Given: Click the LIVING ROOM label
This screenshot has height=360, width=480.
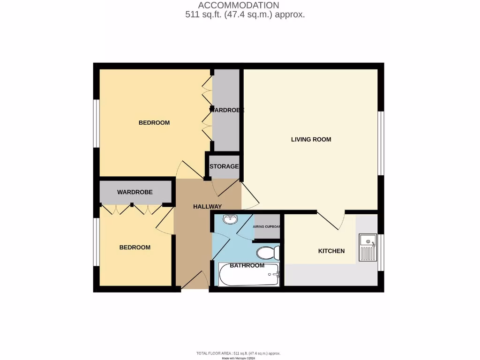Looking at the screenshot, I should tap(311, 139).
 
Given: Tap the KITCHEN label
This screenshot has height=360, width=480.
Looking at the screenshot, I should tap(331, 251).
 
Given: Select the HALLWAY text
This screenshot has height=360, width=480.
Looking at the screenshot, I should tap(207, 206).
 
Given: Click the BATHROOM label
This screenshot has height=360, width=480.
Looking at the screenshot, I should tap(247, 265).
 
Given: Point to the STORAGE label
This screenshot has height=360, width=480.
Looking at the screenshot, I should tap(224, 166).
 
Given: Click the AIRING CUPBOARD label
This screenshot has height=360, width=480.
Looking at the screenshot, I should tap(267, 227).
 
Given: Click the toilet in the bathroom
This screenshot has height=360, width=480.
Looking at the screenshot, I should tap(268, 253).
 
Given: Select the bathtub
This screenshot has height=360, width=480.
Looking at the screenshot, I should tap(249, 275).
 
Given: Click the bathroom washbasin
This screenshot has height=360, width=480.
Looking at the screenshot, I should tap(230, 219).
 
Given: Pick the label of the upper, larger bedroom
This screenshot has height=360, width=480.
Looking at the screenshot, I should tap(154, 123).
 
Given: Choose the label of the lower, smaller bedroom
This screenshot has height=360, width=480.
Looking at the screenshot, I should tap(135, 247).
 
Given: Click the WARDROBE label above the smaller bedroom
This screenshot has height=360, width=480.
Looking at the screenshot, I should tap(135, 192).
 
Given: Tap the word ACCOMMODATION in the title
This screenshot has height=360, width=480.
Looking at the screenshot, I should tap(239, 5).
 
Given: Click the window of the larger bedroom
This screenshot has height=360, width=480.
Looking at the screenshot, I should tap(96, 123).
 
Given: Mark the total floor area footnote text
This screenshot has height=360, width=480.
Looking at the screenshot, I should tap(239, 353).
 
